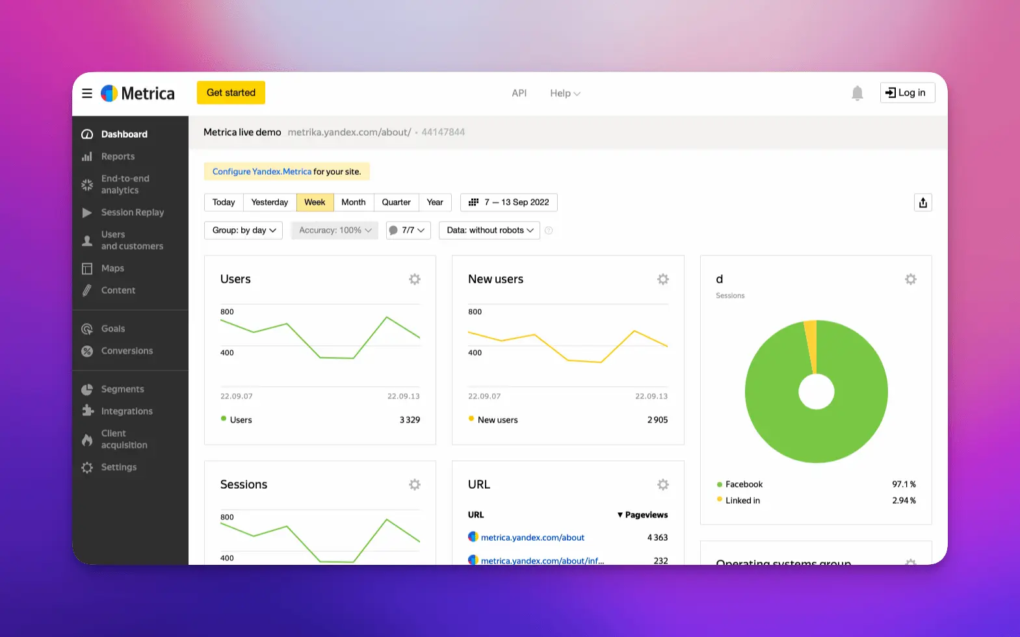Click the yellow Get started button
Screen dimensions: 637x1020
231,93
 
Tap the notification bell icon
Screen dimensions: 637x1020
857,94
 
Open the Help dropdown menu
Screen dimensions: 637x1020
564,94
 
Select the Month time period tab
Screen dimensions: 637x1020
354,202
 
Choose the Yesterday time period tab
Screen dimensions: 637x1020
269,202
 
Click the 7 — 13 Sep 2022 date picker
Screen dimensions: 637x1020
509,202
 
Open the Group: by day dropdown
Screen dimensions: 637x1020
244,230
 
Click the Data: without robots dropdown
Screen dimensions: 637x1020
490,230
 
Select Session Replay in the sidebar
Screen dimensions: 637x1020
132,213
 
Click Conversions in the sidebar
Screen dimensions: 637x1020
127,351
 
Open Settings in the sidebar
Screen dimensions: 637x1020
118,467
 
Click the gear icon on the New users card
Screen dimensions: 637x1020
662,279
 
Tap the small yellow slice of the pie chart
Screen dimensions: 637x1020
811,344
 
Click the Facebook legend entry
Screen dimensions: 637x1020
744,484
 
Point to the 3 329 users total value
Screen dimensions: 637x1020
410,420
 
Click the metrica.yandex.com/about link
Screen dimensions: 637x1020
532,538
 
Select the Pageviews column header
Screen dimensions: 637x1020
643,515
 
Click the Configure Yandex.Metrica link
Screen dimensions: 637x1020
262,172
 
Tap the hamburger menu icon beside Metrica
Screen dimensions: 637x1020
87,94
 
